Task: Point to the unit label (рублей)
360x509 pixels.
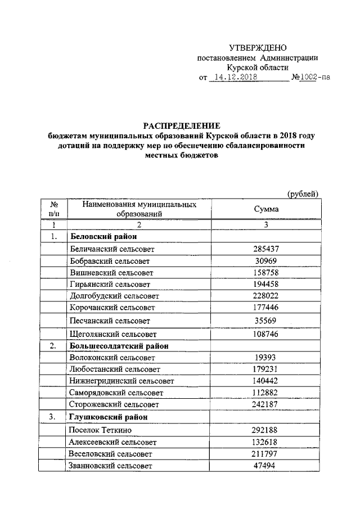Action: (x=303, y=194)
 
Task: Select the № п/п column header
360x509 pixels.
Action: (x=54, y=209)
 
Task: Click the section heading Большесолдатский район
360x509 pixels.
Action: (x=119, y=346)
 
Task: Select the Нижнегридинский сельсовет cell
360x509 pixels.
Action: (x=121, y=381)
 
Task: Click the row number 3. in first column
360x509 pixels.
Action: (x=54, y=417)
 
